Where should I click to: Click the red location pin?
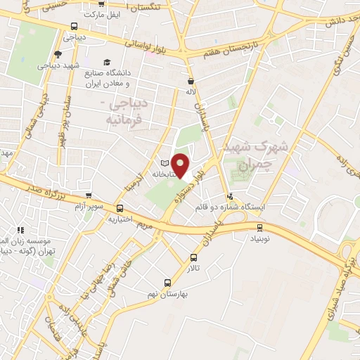[181, 164]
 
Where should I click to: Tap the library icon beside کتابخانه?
[165, 163]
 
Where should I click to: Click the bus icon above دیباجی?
[74, 27]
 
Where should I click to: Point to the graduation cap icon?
[107, 62]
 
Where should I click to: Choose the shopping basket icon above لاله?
[191, 80]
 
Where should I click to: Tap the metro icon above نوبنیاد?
[260, 226]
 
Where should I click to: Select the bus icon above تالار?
[195, 257]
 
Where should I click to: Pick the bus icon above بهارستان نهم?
[167, 282]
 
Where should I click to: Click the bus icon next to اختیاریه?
[119, 208]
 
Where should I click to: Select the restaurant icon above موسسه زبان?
[21, 229]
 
